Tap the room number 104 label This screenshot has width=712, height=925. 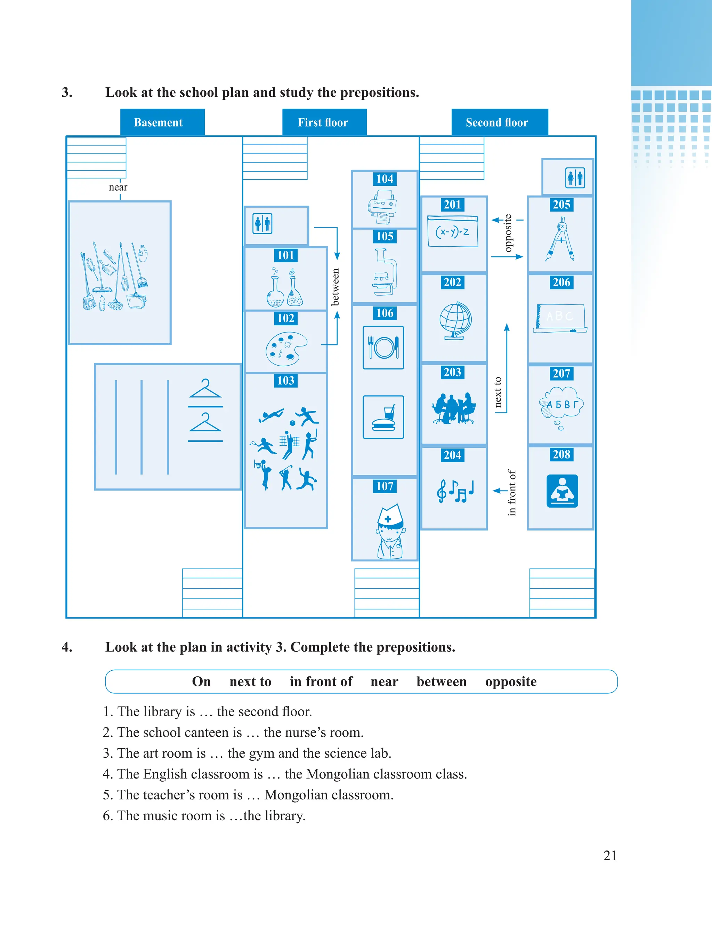click(x=385, y=179)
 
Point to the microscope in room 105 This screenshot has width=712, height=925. click(x=385, y=272)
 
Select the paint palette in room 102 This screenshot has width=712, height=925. click(x=286, y=349)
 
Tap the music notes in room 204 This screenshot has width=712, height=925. click(x=455, y=491)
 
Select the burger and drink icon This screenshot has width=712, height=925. click(x=383, y=417)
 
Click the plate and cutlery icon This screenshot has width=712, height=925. click(x=383, y=347)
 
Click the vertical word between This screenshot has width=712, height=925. click(x=335, y=287)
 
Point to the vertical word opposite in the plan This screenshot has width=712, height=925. click(x=508, y=233)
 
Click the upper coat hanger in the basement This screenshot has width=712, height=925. click(x=205, y=389)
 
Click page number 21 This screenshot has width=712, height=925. click(x=609, y=855)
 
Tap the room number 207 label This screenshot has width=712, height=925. click(x=561, y=373)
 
